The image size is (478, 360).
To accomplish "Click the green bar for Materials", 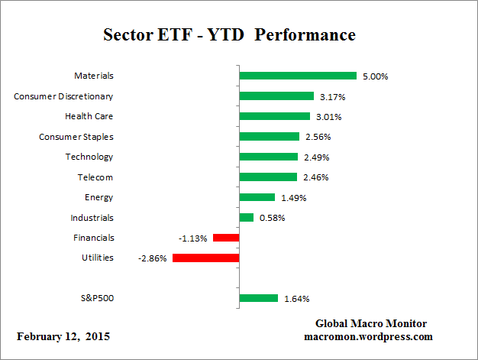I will (298, 76).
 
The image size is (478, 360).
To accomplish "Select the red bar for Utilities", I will (205, 258).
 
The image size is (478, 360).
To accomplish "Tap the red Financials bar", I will (226, 238).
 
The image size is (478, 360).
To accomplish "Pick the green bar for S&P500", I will (258, 298).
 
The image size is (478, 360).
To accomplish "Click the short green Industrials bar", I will (246, 218).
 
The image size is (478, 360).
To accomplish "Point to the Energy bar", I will (257, 197).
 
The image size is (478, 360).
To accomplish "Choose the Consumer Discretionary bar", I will (276, 96).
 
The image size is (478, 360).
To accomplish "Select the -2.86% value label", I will (153, 258).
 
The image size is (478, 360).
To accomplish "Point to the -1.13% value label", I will (193, 238).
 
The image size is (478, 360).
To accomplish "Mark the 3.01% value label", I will (326, 117).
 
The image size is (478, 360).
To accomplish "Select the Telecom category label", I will (95, 177).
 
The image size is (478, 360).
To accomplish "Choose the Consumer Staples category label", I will (76, 136).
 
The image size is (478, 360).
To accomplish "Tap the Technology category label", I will (89, 157).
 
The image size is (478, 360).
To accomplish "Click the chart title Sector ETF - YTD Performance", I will (229, 36).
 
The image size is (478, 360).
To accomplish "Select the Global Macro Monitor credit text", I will (370, 323).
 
